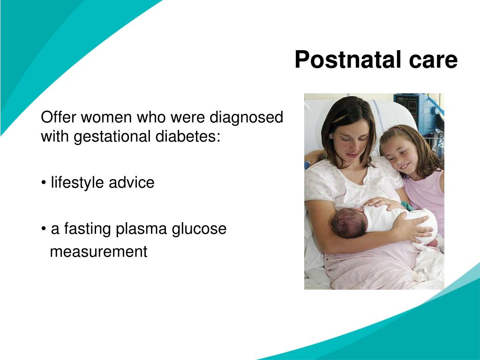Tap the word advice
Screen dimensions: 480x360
131,182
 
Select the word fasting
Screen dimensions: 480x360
87,229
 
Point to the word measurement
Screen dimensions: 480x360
98,252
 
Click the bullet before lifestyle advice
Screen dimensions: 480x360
44,183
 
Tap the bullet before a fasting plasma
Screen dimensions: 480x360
44,229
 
